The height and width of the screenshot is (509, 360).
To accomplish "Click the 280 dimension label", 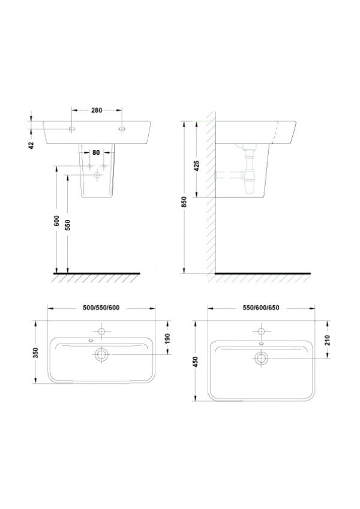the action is point(97,110).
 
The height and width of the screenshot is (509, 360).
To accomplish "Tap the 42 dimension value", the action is point(32,145).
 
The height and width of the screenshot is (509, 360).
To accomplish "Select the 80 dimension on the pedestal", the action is point(96,152).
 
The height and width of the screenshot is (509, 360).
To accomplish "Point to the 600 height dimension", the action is point(56,221).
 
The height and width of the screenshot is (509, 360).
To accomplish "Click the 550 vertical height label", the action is point(68,225).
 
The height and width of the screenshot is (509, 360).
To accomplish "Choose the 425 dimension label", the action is point(196,165).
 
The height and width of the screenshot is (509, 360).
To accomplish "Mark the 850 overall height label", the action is point(185,202).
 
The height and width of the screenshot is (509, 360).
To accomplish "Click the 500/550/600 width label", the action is point(101,308).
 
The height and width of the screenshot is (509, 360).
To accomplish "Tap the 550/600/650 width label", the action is point(261,308).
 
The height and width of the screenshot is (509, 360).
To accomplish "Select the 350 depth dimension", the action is point(36,353).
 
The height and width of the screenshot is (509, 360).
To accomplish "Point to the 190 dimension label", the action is point(167,339).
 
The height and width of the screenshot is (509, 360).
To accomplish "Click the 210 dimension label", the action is point(327,340).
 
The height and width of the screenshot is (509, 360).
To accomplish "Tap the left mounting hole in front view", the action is point(72,129).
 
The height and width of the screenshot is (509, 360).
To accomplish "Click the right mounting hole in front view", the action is point(122,129).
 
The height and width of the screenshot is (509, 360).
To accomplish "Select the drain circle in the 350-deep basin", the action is point(101,354).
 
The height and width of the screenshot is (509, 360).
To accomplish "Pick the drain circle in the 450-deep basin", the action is point(261,358).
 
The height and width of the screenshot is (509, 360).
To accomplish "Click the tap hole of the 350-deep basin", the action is point(101,332).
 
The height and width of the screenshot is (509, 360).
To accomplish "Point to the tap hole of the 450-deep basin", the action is point(261,332).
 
